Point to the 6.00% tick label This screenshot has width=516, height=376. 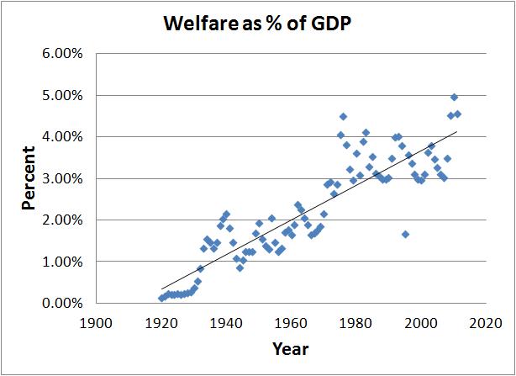[x=62, y=54]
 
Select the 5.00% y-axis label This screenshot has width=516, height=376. [x=62, y=95]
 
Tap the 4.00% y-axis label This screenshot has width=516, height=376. [x=62, y=136]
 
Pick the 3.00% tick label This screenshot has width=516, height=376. [x=62, y=178]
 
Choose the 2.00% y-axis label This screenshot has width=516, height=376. [x=62, y=220]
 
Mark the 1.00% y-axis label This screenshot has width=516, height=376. [x=62, y=262]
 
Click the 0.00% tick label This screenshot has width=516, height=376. [x=62, y=303]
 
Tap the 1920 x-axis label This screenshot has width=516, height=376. [x=161, y=322]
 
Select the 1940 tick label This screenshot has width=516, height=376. [x=226, y=322]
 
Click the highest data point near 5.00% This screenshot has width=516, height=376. [x=454, y=98]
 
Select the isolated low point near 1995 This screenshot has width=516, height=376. [x=405, y=234]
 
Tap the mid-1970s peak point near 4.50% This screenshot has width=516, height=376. [x=343, y=117]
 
